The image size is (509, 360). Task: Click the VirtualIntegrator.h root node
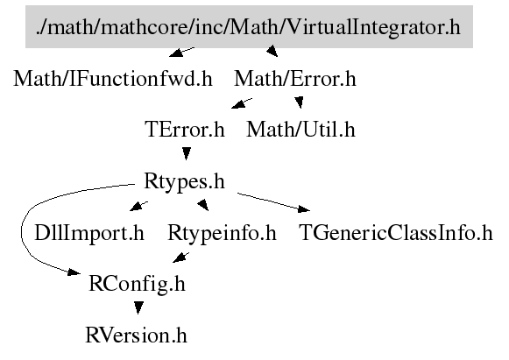coord(249,26)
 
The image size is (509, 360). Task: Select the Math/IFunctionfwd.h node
coord(113,79)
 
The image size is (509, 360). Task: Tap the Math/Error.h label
coord(295,79)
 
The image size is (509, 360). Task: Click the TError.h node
coord(184,130)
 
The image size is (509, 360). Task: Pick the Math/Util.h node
coord(300,130)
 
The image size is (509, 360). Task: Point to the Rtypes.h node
coord(184,180)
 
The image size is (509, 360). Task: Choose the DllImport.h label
coord(89,233)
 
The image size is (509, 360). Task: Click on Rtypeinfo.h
coord(222,233)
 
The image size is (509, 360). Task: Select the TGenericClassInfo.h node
coord(395,233)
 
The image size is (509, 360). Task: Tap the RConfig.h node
coord(137,284)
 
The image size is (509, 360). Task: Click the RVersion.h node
coord(136,335)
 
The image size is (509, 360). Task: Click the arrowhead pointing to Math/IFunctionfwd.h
coord(177,52)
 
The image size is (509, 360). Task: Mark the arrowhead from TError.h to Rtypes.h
coord(186,153)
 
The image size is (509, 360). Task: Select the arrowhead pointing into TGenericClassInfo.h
coord(304,209)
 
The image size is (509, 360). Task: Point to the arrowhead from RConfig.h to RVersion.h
coord(138,308)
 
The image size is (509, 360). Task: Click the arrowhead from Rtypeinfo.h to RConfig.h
coord(180,258)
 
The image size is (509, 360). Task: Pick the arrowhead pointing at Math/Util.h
coord(300,102)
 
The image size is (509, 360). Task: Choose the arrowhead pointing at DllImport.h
coord(137,207)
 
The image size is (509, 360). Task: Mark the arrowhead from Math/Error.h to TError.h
coord(238,103)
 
